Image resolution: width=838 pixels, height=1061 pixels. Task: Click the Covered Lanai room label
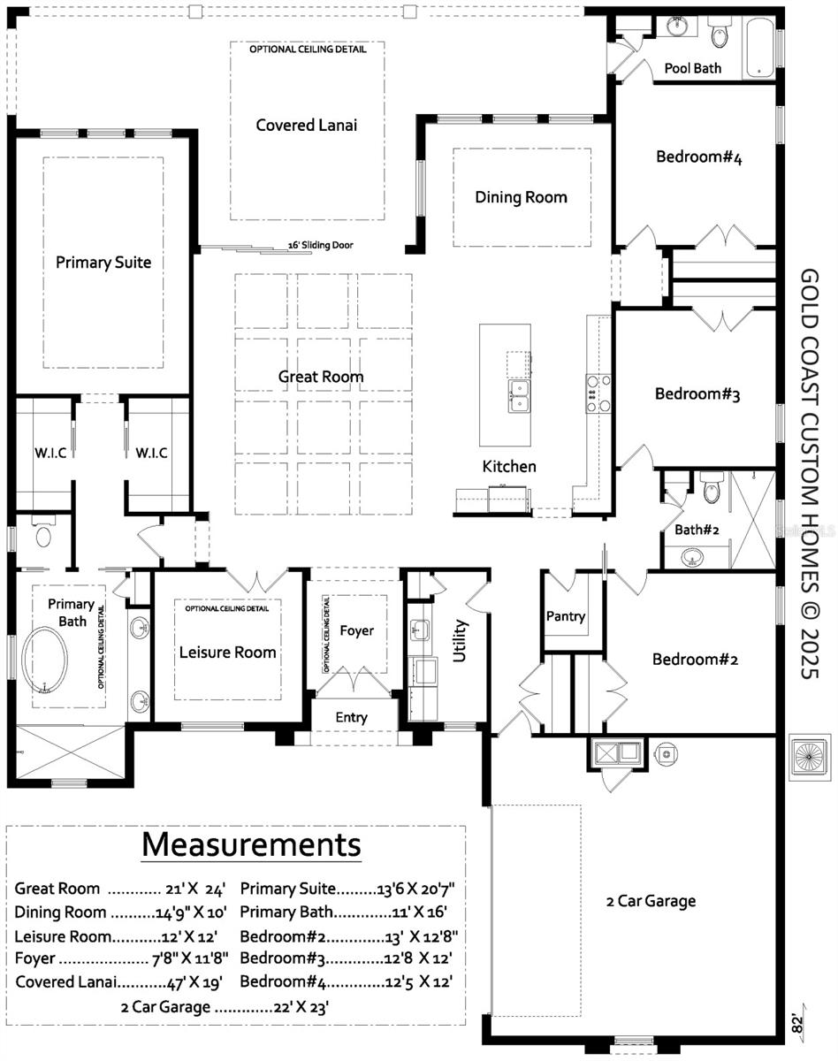(307, 125)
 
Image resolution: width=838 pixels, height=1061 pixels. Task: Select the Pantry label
(566, 616)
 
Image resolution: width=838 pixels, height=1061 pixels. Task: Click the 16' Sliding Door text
(321, 246)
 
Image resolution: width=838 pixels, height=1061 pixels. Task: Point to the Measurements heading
(251, 843)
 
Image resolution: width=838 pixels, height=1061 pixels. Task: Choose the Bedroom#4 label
(698, 157)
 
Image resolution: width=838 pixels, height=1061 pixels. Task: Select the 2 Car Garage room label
(651, 901)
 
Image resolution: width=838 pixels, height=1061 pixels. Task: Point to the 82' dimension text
(798, 1024)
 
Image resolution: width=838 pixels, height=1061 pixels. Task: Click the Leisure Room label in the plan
(228, 653)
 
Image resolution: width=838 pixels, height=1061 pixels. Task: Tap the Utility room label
(460, 641)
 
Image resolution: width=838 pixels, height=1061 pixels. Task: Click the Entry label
(351, 717)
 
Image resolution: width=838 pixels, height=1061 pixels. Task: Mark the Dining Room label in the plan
(521, 197)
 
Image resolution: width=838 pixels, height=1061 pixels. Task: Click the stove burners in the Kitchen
(593, 393)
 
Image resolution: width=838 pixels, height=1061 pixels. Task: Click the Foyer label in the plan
(357, 630)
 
